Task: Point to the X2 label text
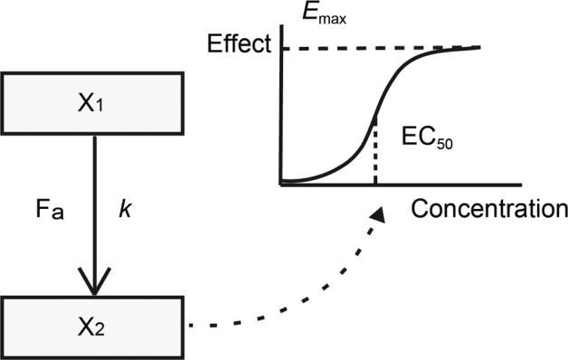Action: click(93, 324)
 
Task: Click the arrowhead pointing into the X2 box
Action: click(93, 285)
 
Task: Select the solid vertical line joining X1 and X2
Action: click(93, 199)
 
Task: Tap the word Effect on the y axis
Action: click(238, 44)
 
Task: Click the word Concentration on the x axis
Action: click(488, 210)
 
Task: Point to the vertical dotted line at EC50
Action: click(375, 154)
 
